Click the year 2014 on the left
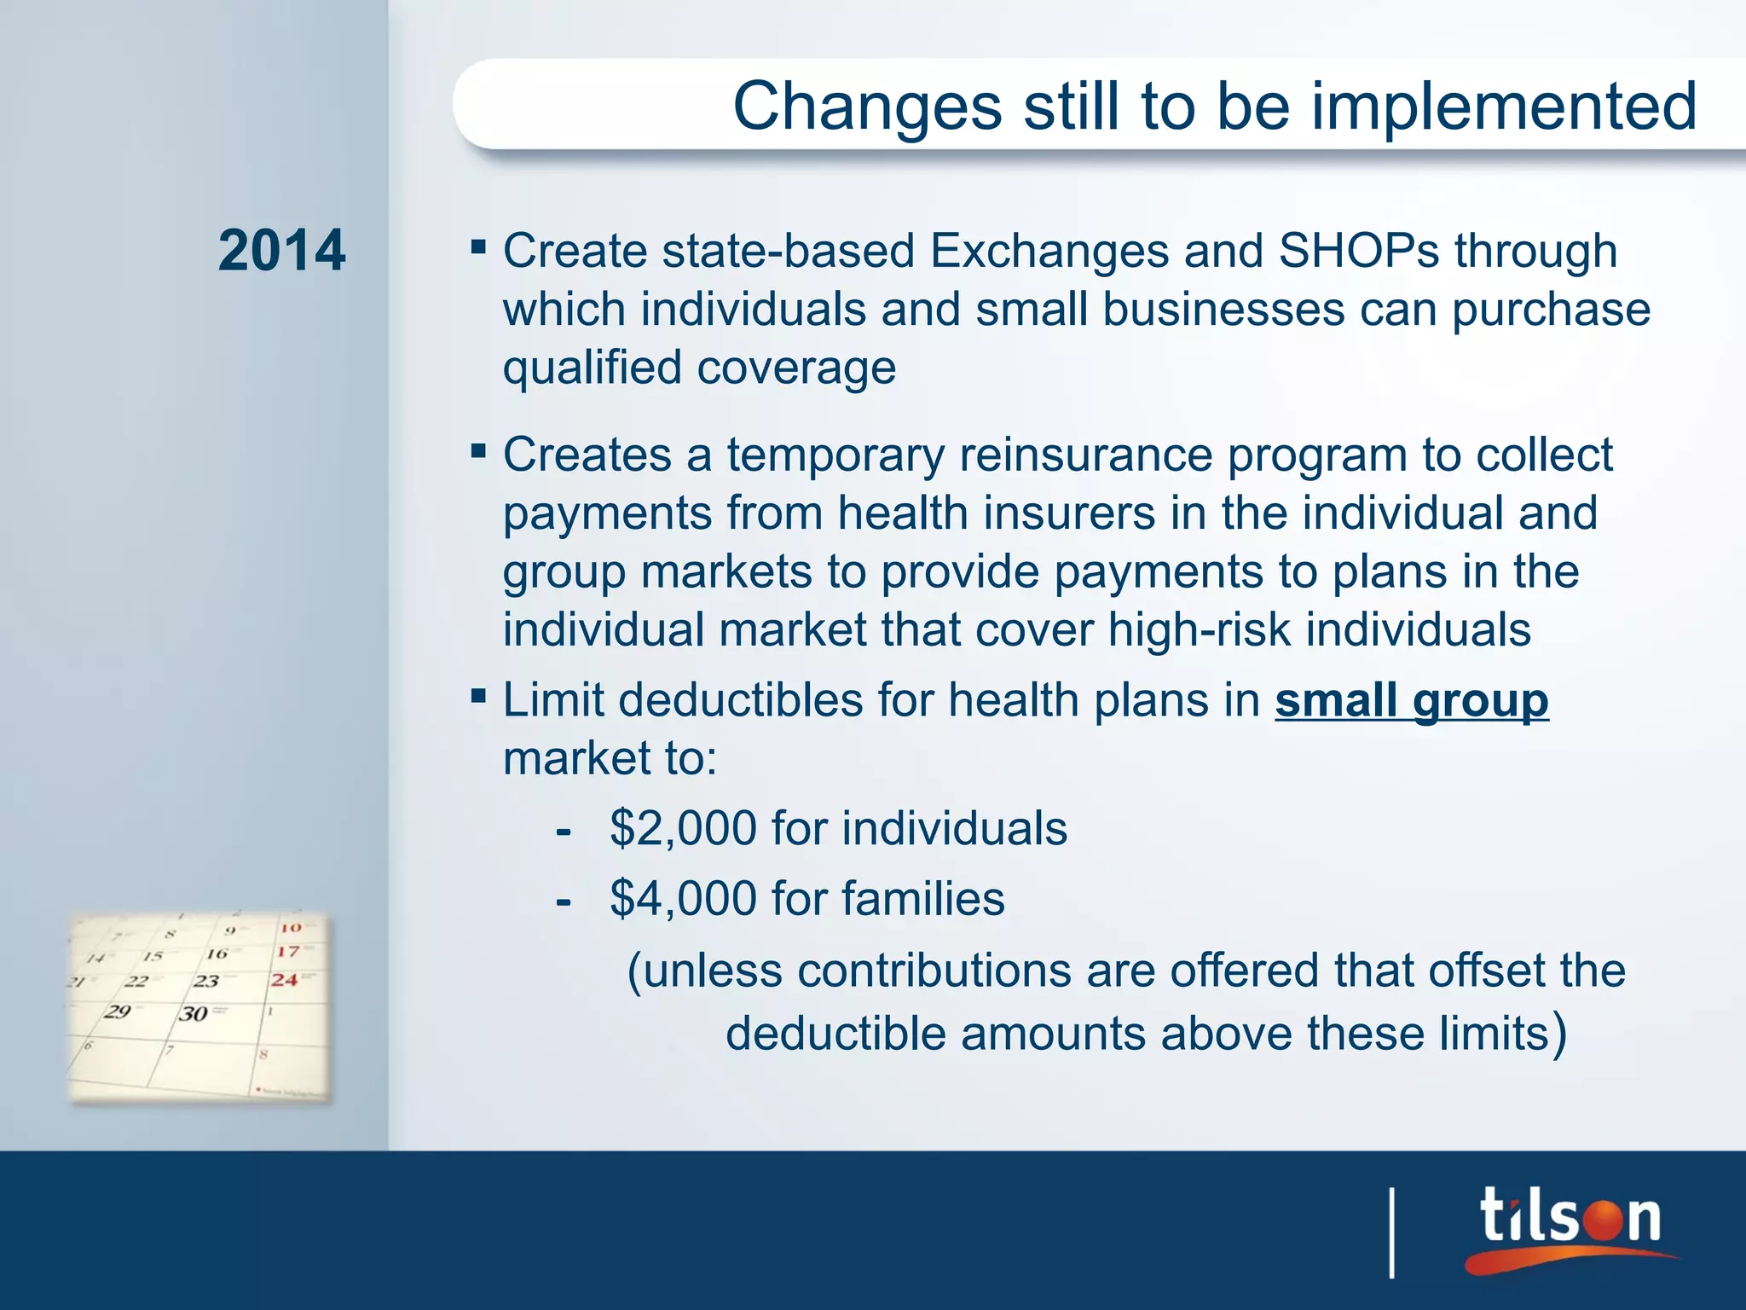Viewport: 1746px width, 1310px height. tap(281, 251)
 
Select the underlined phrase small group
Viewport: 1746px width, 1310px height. tap(1411, 700)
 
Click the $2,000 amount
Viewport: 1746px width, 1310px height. tap(683, 828)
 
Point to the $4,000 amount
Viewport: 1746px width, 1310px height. tap(683, 899)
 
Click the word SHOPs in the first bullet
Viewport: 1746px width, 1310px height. tap(1359, 251)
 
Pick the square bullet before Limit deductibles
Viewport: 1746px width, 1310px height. tap(478, 697)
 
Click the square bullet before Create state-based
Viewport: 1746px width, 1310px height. tap(478, 248)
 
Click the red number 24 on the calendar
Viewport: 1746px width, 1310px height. tap(285, 980)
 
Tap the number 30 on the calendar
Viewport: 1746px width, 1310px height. tap(194, 1013)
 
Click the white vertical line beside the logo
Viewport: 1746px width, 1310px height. tap(1392, 1232)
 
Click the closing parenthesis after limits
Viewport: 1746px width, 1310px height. tap(1559, 1034)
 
